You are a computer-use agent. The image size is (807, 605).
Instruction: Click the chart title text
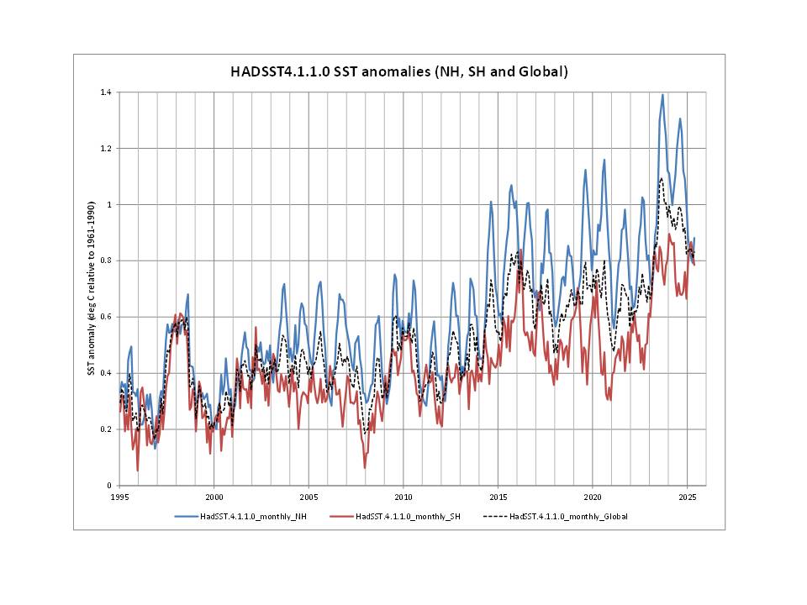pos(399,72)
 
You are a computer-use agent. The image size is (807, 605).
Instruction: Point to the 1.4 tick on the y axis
pos(108,92)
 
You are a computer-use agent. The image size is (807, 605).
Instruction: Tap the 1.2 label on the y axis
pos(108,148)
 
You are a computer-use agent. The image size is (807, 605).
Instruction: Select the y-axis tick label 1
pos(111,204)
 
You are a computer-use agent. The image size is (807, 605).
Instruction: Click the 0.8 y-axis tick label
pos(108,260)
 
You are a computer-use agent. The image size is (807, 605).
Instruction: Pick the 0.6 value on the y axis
pos(108,317)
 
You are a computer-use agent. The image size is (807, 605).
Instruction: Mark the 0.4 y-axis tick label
pos(108,373)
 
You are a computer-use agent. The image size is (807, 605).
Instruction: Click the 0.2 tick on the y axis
pos(108,429)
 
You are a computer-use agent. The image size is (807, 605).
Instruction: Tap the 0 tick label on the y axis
pos(111,486)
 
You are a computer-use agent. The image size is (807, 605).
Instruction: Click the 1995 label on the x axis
pos(119,496)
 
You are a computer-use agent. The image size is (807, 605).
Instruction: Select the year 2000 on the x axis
pos(214,496)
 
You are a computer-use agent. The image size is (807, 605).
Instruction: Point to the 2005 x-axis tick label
pos(308,496)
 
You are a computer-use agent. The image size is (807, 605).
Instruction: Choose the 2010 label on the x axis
pos(403,496)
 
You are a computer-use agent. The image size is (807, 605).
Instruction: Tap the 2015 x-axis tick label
pos(498,496)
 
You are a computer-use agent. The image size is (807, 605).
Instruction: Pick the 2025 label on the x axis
pos(687,496)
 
